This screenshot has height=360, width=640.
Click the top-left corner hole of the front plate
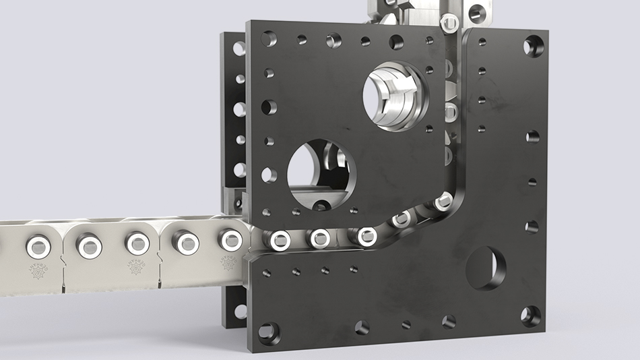pos(269,38)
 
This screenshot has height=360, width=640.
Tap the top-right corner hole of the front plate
pos(532,46)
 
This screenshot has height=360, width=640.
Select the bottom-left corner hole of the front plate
pos(267,332)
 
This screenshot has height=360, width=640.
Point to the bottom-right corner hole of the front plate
pos(531,316)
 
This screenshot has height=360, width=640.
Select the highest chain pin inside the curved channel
pos(444,200)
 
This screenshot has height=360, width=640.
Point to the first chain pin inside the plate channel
pos(278,239)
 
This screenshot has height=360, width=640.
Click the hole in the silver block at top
pos(478,10)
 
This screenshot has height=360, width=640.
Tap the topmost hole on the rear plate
pos(238,48)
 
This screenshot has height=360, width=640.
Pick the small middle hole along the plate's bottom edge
pos(406,324)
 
